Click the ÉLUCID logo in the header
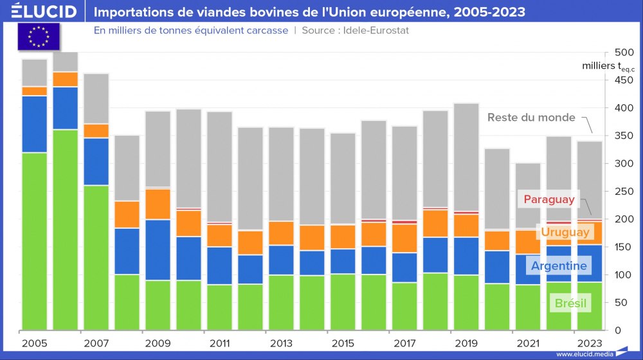click(44, 12)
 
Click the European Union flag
click(39, 37)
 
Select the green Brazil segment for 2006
click(66, 230)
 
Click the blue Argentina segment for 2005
click(35, 124)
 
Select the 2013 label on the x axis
click(281, 343)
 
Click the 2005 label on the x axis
click(34, 343)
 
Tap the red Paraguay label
click(548, 199)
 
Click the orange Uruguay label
click(565, 231)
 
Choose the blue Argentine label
click(558, 265)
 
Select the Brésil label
click(570, 303)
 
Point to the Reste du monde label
click(531, 118)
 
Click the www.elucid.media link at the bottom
click(583, 354)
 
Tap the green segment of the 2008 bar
click(127, 302)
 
